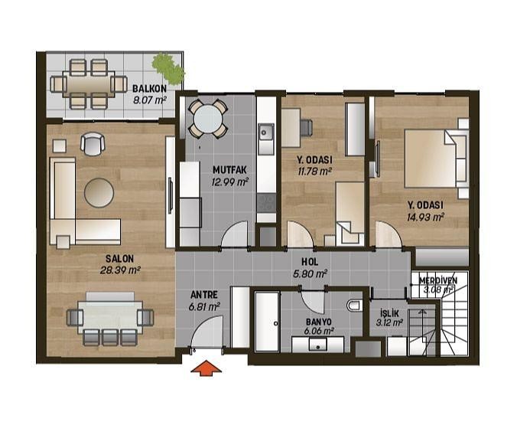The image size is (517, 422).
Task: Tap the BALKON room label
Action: point(149,89)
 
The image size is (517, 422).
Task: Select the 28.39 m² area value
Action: point(120,270)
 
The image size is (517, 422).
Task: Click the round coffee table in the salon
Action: point(99,193)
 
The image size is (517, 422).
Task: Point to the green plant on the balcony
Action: point(168,68)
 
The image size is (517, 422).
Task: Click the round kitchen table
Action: point(208,119)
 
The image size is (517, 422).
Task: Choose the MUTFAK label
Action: point(229,170)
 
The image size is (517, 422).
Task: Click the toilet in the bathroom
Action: point(354,306)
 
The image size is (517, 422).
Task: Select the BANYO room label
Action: point(319,322)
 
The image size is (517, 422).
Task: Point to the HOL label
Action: point(310,262)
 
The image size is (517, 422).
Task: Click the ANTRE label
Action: point(204,295)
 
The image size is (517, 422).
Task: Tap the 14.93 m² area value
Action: point(425,218)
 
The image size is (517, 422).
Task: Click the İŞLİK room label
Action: point(389,312)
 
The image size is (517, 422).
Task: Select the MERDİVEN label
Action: point(438,280)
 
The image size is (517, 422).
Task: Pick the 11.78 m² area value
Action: point(314,172)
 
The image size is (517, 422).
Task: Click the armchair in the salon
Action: point(93,143)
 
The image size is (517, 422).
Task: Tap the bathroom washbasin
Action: point(318,345)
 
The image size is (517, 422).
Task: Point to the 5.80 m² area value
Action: point(310,273)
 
